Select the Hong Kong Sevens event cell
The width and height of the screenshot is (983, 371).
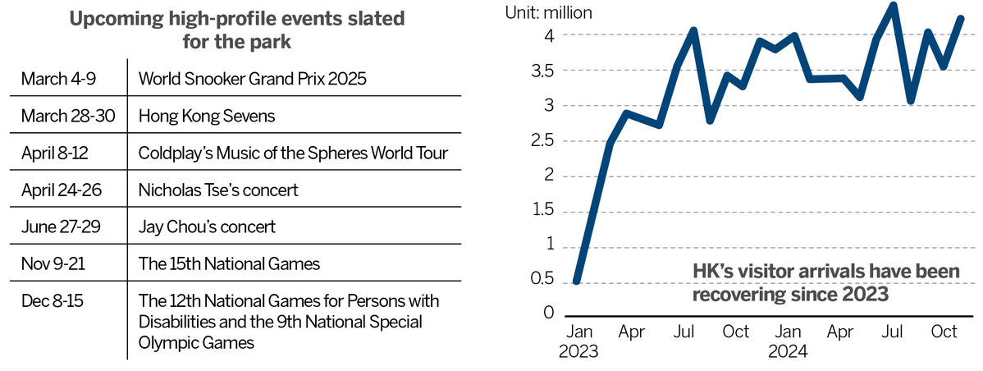point(207,117)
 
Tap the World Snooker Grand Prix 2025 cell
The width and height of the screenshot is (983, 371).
point(252,80)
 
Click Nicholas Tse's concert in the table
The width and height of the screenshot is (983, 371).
point(218,190)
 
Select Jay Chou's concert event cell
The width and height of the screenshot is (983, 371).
point(207,227)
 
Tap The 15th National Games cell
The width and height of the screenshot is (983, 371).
point(229,263)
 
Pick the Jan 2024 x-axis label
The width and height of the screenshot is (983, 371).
point(788,342)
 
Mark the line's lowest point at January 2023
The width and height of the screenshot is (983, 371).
point(577,282)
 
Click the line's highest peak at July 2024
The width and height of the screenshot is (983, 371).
point(894,6)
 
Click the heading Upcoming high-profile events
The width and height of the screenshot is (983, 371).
point(236,20)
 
